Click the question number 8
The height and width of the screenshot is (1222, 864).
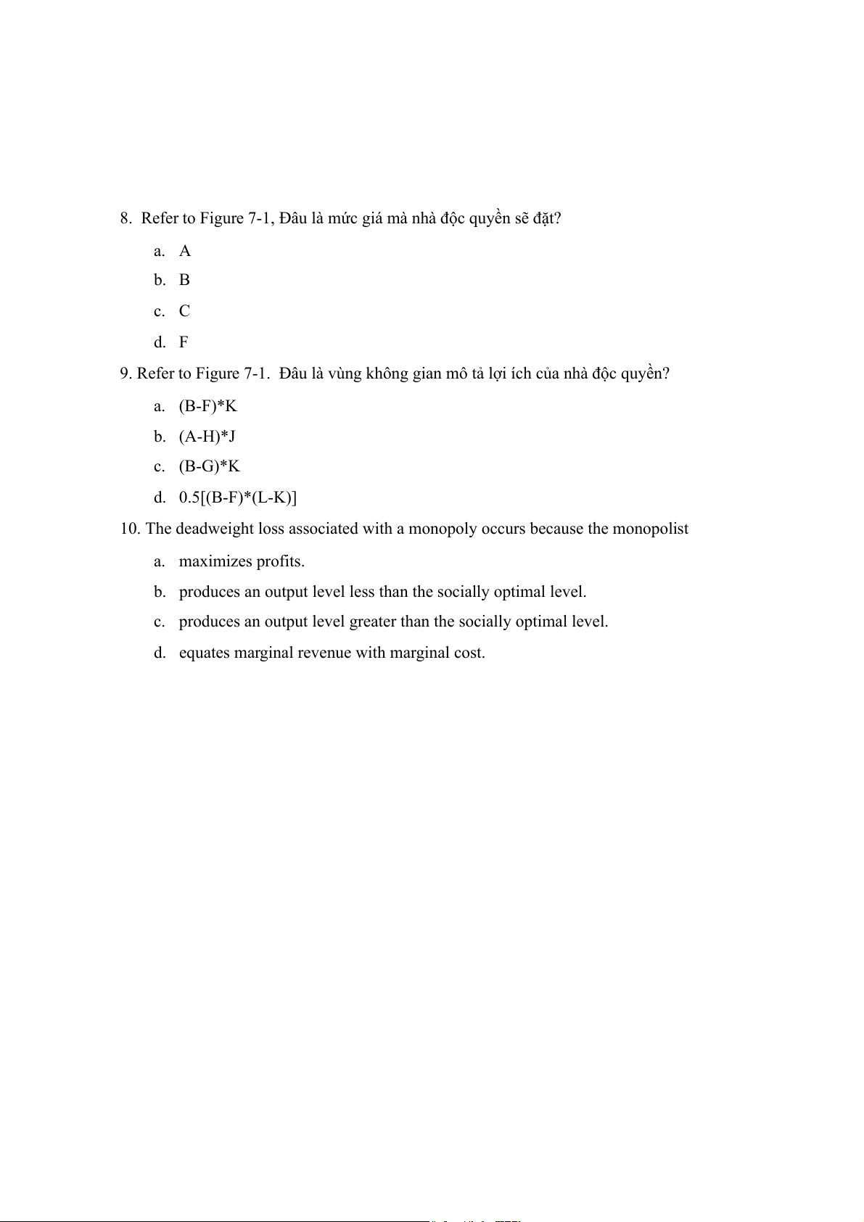(126, 218)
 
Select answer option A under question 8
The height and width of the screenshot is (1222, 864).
(185, 251)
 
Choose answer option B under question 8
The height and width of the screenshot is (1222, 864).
(184, 280)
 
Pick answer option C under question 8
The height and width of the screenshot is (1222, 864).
(184, 311)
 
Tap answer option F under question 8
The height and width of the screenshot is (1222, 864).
(184, 342)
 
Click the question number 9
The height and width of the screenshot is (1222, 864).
(126, 373)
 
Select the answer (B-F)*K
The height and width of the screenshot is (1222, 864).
(207, 406)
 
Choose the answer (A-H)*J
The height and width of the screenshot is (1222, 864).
(207, 437)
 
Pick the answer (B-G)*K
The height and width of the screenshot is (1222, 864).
(209, 466)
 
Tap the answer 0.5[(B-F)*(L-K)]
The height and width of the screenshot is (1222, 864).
(238, 498)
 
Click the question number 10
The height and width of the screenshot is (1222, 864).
(130, 529)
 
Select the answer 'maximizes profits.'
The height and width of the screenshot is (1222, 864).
(242, 561)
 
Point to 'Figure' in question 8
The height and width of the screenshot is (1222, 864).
(221, 218)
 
